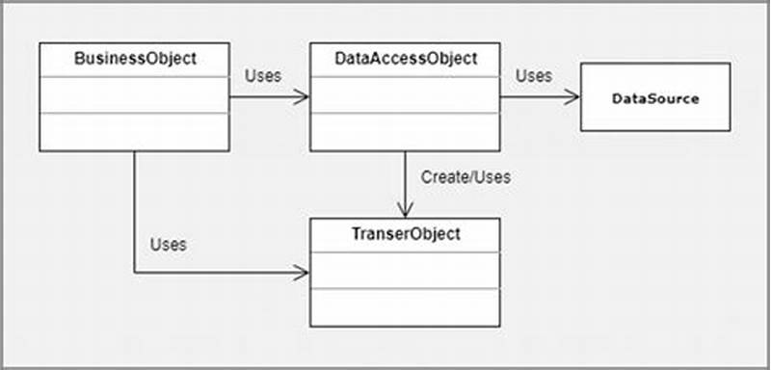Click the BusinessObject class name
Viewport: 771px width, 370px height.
pos(135,59)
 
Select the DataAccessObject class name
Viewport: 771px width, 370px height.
pos(405,59)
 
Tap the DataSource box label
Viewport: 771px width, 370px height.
pos(654,98)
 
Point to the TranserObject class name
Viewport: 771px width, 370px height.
pos(405,234)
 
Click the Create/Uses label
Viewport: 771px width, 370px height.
pos(465,177)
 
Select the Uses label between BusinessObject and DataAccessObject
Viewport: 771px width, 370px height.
pos(263,76)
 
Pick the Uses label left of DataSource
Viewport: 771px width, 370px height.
pos(534,76)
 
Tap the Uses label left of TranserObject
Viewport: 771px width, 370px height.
pos(168,244)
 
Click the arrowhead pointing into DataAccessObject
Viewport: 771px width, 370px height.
pos(303,96)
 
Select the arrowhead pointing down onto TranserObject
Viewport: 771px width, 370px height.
pos(405,211)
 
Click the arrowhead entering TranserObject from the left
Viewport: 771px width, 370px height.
pos(303,273)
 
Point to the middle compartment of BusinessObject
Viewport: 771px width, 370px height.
pos(135,95)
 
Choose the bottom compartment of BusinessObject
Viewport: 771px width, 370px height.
pos(135,132)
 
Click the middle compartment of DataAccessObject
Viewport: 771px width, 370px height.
pos(405,95)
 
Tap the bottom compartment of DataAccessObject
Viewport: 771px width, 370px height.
pos(405,132)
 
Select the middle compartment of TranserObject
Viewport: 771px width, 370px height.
pos(405,270)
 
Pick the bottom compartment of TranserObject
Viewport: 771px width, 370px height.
pos(405,306)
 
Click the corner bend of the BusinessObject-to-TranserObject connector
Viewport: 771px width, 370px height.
pos(134,273)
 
